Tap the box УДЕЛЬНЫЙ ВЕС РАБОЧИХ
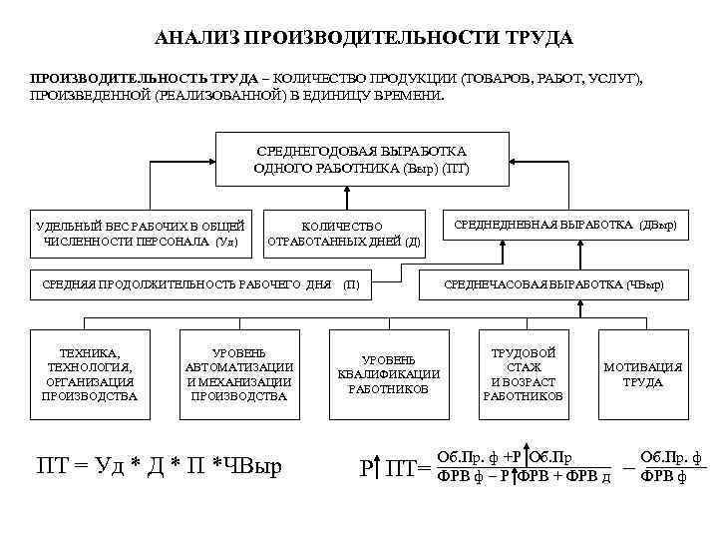pos(139,234)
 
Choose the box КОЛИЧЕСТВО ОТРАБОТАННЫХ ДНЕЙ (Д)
pos(342,234)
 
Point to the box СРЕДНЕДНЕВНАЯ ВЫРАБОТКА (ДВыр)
pos(564,226)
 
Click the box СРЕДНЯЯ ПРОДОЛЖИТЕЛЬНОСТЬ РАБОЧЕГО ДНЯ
pos(199,285)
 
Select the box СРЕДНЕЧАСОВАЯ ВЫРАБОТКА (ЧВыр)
pos(553,285)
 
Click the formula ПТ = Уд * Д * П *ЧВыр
pos(160,464)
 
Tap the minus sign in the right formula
pos(629,464)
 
